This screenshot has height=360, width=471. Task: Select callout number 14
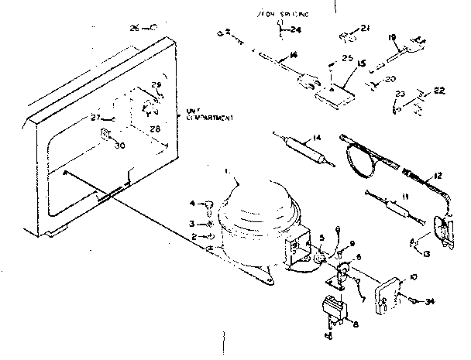(315, 139)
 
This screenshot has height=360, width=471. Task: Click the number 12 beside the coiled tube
(437, 176)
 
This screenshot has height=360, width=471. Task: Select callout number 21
(365, 29)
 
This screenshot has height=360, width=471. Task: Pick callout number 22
(439, 91)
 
